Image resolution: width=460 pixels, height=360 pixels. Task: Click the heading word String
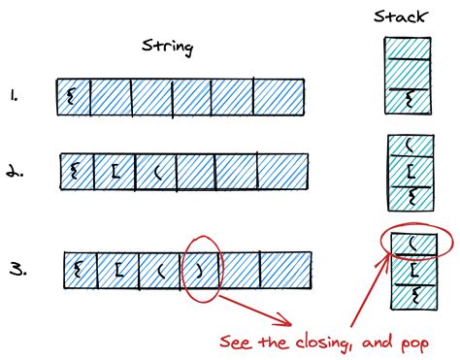[x=166, y=46]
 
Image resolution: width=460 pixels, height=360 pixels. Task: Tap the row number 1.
[x=21, y=96]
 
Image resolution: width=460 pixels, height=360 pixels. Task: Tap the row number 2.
[x=24, y=174]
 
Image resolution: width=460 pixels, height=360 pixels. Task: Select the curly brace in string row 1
[x=71, y=96]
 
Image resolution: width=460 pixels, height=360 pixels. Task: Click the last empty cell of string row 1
[x=280, y=97]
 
